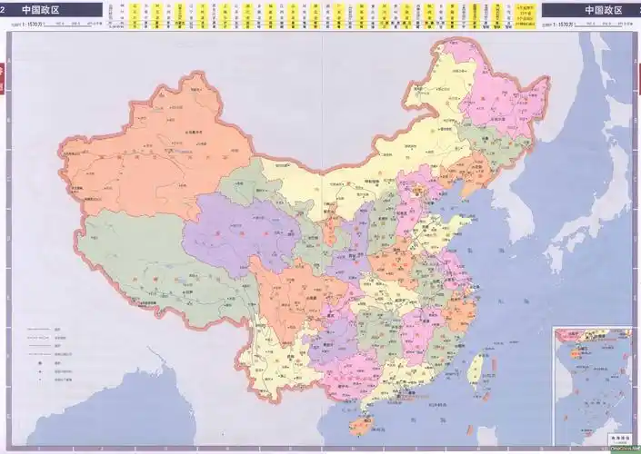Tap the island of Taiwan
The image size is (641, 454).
pos(474,366)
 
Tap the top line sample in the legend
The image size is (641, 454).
pos(36,329)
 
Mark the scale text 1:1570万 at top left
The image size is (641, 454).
pos(32,25)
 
